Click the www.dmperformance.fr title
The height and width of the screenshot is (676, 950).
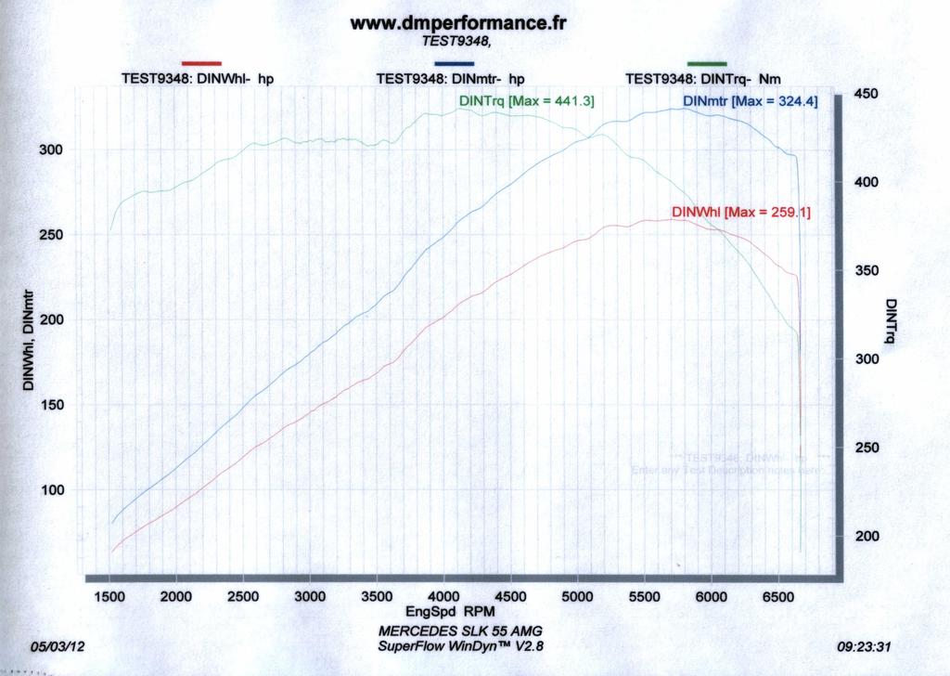[x=457, y=22]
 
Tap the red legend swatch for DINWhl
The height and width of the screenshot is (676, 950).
[x=201, y=63]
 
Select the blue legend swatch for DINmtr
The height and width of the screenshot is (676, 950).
[x=454, y=63]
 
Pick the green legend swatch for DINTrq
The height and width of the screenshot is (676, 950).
[x=707, y=63]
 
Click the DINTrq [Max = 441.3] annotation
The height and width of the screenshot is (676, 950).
[x=526, y=100]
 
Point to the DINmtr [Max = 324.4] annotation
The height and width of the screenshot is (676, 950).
[x=750, y=100]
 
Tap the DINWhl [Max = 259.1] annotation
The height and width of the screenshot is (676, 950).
[x=740, y=212]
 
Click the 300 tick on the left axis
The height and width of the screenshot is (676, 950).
[x=51, y=149]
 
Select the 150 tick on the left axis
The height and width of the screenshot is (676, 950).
[x=51, y=405]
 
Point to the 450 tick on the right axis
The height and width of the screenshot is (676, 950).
[x=866, y=94]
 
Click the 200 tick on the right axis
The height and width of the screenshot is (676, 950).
[x=866, y=536]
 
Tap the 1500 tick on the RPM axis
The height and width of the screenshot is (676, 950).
[x=109, y=596]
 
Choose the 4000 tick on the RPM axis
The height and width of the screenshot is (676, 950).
[x=443, y=596]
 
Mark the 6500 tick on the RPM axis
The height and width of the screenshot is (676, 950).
[x=777, y=596]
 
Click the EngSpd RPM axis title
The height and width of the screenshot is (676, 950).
[x=450, y=612]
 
